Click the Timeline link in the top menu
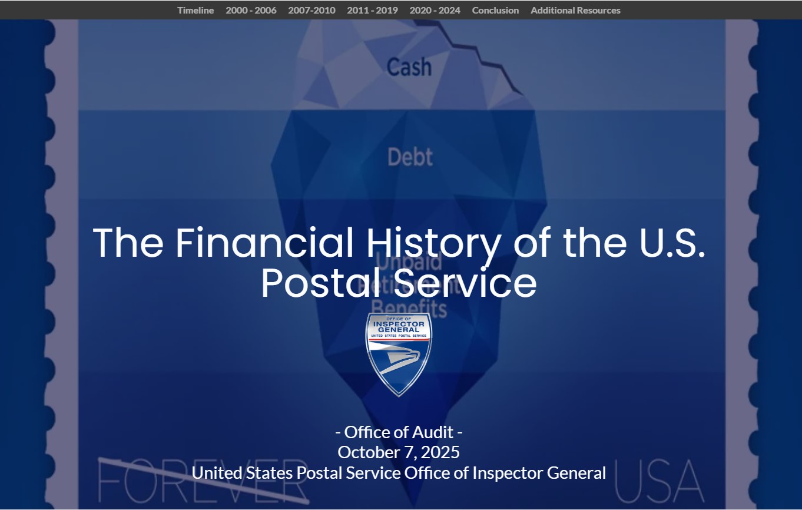tap(195, 10)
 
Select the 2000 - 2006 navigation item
tap(251, 10)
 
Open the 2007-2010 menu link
tap(311, 10)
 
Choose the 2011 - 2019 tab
tap(372, 10)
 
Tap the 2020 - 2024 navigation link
tap(435, 10)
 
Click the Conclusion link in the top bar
tap(495, 10)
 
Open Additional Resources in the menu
tap(575, 10)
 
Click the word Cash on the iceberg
tap(409, 67)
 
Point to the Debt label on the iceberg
tap(410, 157)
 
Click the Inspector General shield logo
tap(399, 353)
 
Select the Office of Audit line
tap(399, 432)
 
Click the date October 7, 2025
tap(399, 452)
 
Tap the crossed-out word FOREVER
tap(203, 480)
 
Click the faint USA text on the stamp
tap(659, 480)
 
